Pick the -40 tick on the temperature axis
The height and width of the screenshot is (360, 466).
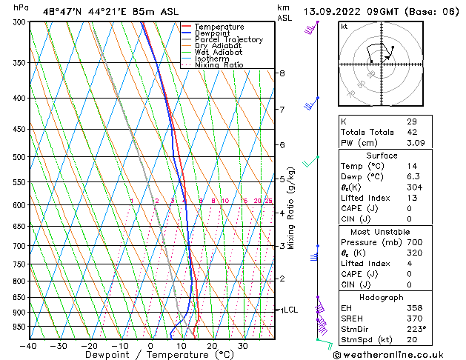point(28,345)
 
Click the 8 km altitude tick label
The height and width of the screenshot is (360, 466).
point(282,73)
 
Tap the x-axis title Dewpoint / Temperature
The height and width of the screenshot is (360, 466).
point(148,355)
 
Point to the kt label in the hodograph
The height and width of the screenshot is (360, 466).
point(344,27)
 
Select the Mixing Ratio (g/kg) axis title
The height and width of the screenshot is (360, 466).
point(292,208)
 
